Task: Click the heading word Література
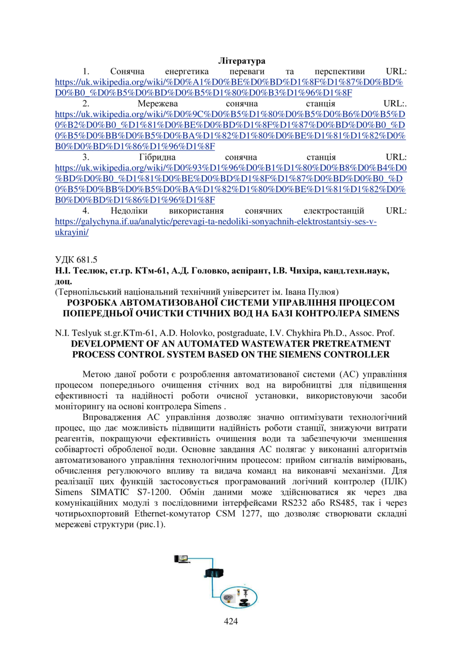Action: (x=241, y=61)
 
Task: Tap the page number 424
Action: (x=231, y=621)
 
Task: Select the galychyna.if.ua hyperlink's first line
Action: (x=216, y=222)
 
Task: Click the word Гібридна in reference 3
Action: (x=156, y=157)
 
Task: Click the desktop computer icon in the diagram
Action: (x=182, y=558)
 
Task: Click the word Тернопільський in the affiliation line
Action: (x=91, y=292)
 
